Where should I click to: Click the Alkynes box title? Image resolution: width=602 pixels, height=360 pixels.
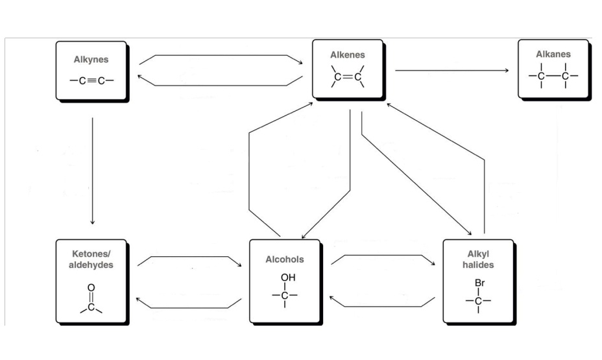(91, 60)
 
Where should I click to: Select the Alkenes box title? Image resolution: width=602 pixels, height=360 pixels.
(347, 56)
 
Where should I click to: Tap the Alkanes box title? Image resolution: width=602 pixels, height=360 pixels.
(553, 54)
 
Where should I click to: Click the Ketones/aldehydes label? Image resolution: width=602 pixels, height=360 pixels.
(91, 258)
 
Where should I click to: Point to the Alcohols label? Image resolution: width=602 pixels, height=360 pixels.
(284, 259)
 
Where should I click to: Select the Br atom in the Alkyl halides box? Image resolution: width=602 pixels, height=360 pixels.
(480, 283)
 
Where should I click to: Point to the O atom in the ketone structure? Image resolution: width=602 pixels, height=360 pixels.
(91, 287)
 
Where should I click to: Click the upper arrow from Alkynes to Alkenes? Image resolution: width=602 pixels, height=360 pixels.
(221, 56)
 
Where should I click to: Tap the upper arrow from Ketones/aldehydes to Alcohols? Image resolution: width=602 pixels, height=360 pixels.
(188, 258)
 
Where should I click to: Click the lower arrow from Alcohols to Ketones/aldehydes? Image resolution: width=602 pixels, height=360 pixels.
(188, 307)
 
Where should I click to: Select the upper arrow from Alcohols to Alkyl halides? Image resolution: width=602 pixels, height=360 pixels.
(383, 257)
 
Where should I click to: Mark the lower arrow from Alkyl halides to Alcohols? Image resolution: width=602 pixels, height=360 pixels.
(383, 306)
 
